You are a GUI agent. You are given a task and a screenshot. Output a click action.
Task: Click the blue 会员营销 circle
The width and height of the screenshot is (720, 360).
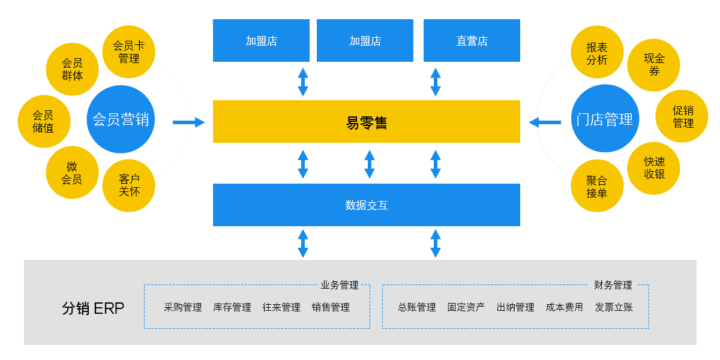[x=121, y=119]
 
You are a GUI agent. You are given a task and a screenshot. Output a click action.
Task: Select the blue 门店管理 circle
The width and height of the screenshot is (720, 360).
[x=605, y=119]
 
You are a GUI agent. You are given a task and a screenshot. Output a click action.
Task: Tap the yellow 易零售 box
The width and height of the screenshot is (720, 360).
[x=366, y=122]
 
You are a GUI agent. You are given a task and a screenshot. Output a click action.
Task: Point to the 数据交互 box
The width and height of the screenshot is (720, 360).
[x=366, y=205]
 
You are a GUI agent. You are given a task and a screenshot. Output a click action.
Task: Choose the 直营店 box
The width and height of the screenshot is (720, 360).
[x=472, y=41]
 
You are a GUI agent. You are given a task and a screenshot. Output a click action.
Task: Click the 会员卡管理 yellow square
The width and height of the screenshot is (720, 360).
[x=128, y=52]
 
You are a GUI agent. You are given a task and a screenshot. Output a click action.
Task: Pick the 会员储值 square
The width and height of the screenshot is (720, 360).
[x=43, y=121]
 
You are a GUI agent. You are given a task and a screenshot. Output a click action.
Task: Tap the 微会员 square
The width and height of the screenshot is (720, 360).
[x=72, y=172]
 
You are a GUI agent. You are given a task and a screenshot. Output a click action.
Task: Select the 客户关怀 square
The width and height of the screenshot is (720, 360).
[x=128, y=185]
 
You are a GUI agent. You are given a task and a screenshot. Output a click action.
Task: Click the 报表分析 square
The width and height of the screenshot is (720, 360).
[x=597, y=53]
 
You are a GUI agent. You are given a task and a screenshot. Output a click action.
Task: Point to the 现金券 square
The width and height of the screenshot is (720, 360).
[x=653, y=65]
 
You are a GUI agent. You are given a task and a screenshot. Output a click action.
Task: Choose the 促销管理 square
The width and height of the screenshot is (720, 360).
[x=682, y=116]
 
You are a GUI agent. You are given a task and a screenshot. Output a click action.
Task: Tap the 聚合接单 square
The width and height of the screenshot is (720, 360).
[x=597, y=186]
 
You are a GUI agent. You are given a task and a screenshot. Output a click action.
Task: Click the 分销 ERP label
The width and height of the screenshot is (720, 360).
[x=93, y=308]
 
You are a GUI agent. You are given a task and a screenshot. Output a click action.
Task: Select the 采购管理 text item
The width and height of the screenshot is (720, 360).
[x=183, y=307]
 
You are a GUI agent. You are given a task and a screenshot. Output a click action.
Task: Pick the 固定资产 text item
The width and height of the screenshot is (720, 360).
[x=466, y=307]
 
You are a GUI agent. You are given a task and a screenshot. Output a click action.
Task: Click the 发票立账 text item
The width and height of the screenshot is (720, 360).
[x=614, y=307]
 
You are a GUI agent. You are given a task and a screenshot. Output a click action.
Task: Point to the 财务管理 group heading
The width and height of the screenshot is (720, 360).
[x=613, y=285]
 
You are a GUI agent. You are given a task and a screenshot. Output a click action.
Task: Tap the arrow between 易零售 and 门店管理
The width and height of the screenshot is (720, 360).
[x=544, y=122]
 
